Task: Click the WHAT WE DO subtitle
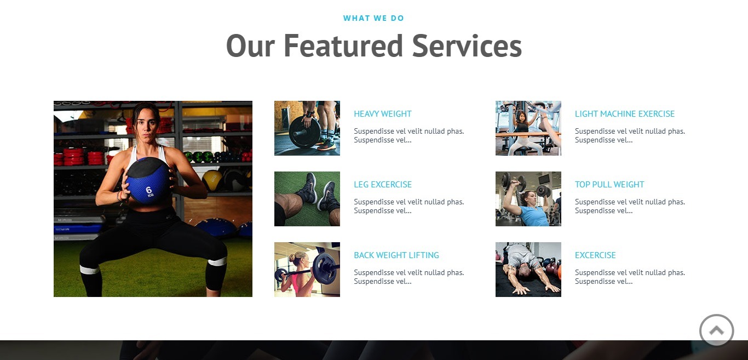coord(373,18)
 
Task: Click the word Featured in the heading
coord(343,46)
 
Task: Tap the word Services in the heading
coord(467,46)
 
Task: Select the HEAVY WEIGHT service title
coord(383,114)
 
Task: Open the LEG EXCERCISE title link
coord(383,185)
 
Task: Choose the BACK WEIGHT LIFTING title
coord(396,255)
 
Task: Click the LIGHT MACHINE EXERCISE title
coord(625,114)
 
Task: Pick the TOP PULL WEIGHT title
coord(609,185)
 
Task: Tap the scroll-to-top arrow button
coord(717,330)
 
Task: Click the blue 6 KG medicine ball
coord(149,181)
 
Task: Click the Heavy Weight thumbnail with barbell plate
coord(307,128)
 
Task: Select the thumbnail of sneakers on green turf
coord(307,199)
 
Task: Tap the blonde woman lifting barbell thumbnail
coord(307,270)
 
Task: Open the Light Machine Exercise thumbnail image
coord(528,128)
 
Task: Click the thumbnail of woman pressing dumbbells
coord(528,199)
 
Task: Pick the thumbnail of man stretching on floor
coord(528,270)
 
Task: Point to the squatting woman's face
coord(146,123)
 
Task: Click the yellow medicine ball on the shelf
coord(212,180)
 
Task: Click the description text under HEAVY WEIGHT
coord(408,135)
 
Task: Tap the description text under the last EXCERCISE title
coord(630,277)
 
